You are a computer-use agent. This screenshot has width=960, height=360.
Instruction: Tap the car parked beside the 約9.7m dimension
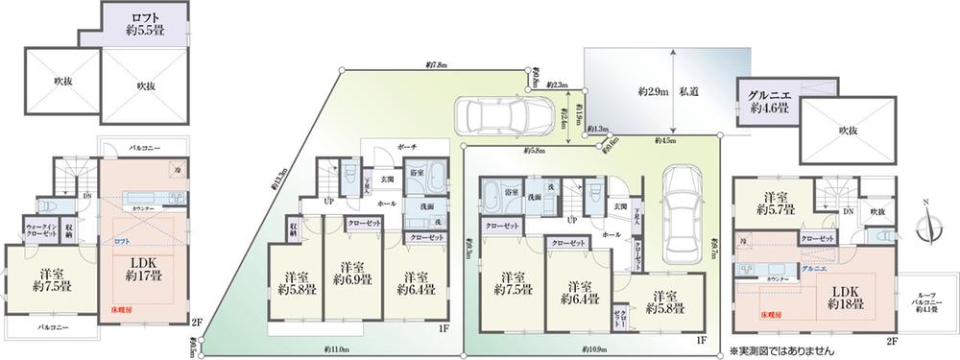coord(684,203)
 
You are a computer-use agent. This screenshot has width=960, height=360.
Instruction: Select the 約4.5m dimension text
coord(664,140)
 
